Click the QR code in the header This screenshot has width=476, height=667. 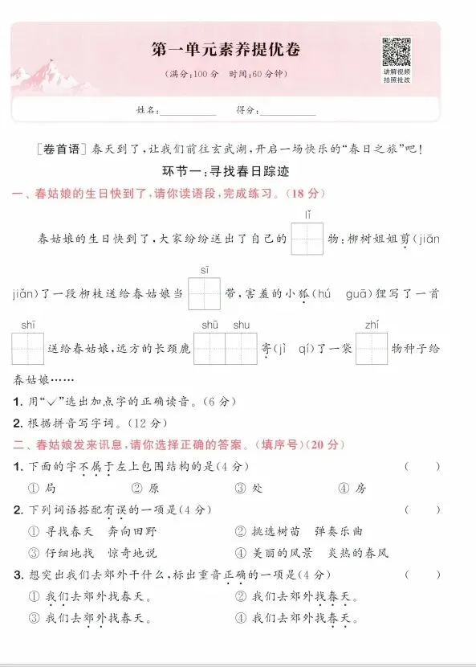coord(396,52)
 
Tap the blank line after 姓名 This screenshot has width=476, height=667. coord(189,110)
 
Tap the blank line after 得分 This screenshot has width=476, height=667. coord(287,110)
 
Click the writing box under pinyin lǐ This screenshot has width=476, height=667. coord(307,239)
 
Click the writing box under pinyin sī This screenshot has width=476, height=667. coord(205,294)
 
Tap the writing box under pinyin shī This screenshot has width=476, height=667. coord(28,349)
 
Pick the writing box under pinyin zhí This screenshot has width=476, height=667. coord(372,349)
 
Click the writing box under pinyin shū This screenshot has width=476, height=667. coord(210,349)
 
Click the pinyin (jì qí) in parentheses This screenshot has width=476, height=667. coord(297,349)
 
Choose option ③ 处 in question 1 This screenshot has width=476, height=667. coord(250,488)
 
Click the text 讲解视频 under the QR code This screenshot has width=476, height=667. coord(397,72)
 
